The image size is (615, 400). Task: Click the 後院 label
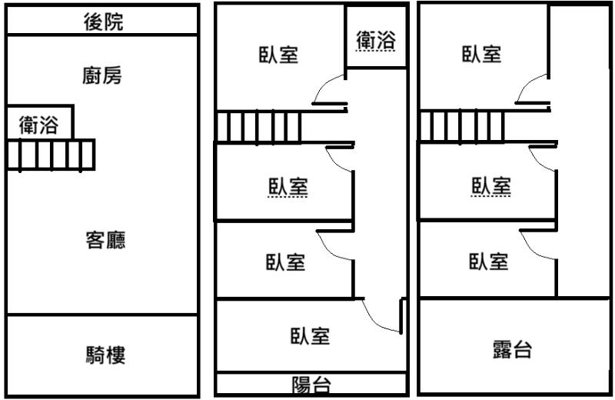click(x=103, y=23)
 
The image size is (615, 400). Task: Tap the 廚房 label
click(x=103, y=75)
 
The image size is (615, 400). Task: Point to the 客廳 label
click(x=105, y=241)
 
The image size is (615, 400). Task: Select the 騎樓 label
click(x=105, y=355)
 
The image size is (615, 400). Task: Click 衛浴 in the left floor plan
click(x=38, y=125)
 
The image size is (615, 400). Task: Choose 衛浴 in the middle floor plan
click(x=375, y=39)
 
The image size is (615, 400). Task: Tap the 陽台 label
click(x=311, y=385)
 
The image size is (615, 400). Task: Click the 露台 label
click(x=512, y=350)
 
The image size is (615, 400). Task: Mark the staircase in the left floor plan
click(x=51, y=155)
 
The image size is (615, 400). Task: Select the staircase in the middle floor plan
click(x=258, y=127)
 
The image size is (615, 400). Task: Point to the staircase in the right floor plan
click(x=462, y=126)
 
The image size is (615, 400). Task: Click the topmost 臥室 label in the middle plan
click(x=278, y=55)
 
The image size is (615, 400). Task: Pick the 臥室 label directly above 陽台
click(x=310, y=336)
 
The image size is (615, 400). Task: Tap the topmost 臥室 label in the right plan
click(x=482, y=54)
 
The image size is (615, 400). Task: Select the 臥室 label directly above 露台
click(x=489, y=262)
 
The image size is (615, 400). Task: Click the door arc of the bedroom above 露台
click(x=538, y=246)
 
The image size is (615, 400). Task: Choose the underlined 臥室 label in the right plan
click(x=491, y=186)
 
